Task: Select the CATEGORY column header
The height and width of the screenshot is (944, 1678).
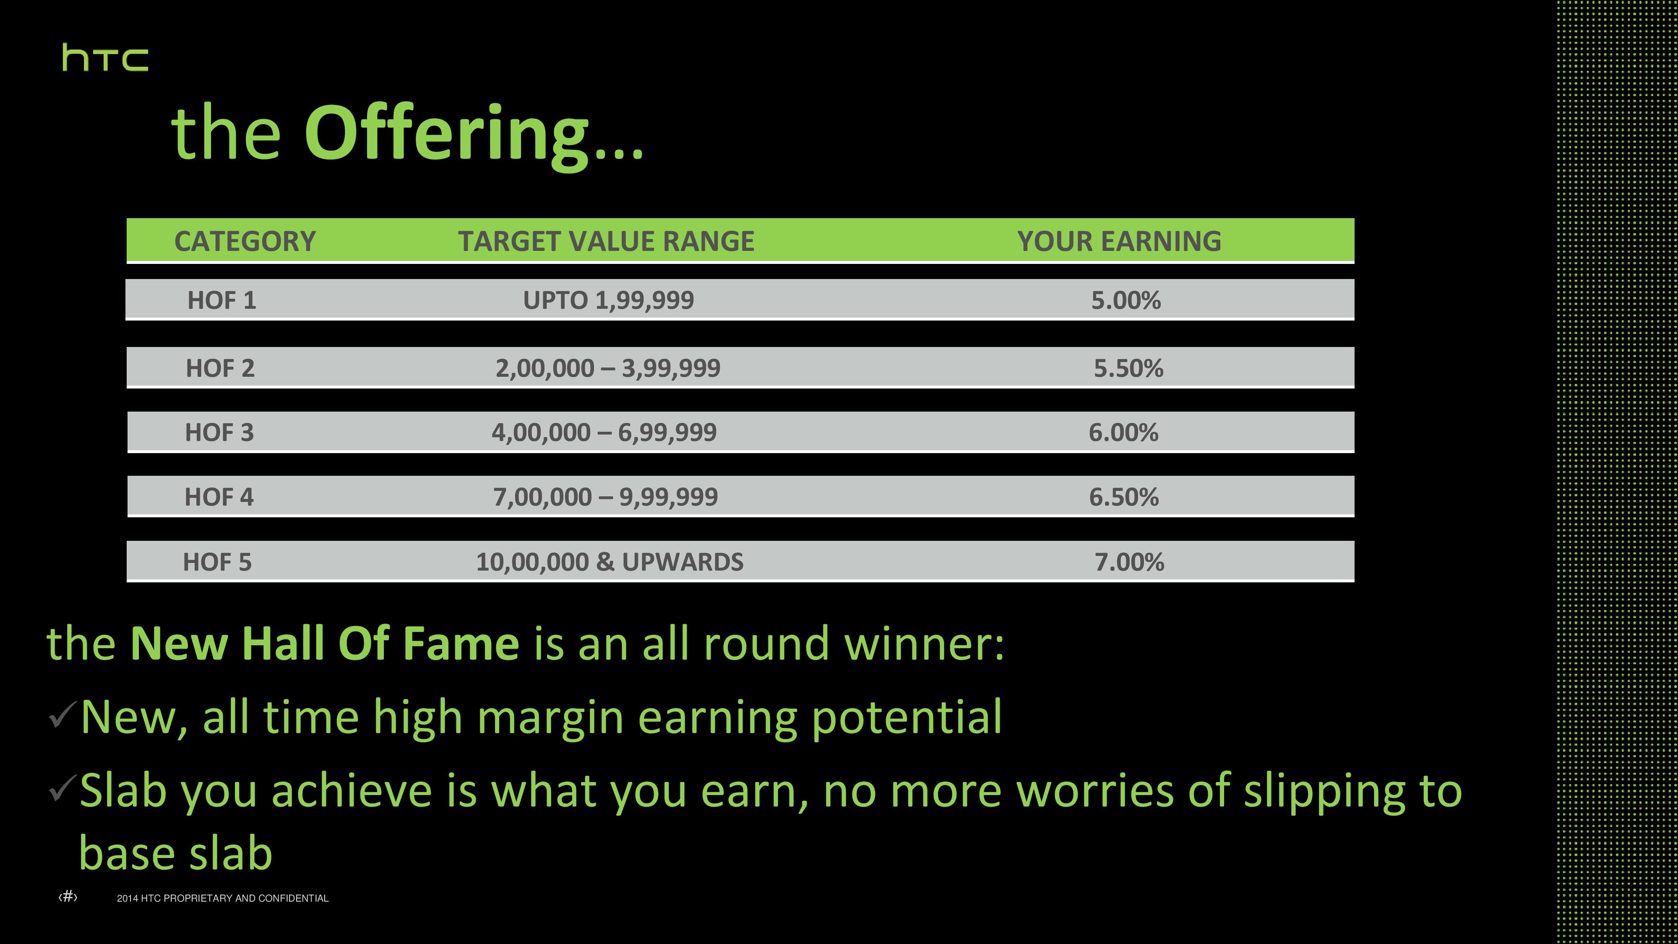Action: click(245, 241)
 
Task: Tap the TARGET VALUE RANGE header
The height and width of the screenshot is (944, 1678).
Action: click(606, 241)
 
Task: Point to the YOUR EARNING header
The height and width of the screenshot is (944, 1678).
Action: click(1119, 241)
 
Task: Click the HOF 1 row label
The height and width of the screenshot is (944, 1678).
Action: click(221, 300)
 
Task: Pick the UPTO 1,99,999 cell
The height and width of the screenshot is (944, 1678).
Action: click(608, 300)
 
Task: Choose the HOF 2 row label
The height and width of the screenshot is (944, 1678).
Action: click(220, 368)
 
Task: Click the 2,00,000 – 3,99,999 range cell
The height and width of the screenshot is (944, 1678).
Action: click(608, 368)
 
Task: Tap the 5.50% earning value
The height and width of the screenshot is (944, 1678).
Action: click(1128, 368)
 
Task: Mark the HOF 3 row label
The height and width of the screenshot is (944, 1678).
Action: click(219, 433)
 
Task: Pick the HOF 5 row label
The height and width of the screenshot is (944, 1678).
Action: click(217, 562)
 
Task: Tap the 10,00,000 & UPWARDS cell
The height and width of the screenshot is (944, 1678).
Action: click(610, 562)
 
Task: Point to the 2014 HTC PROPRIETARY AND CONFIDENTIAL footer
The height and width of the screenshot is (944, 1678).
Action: click(223, 898)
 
